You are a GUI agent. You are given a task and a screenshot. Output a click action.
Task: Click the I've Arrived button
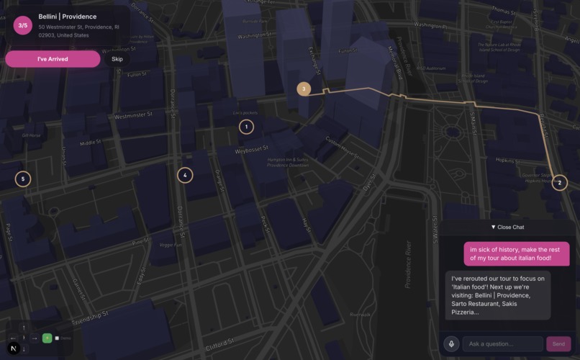pyautogui.click(x=53, y=59)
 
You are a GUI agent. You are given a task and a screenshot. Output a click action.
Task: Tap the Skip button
pyautogui.click(x=117, y=59)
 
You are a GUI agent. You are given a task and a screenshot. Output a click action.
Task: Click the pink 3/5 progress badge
pyautogui.click(x=23, y=26)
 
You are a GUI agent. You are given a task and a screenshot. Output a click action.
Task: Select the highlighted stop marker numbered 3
pyautogui.click(x=304, y=89)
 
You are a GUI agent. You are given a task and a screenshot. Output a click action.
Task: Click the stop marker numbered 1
pyautogui.click(x=246, y=127)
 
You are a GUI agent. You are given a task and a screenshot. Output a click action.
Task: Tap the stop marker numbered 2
pyautogui.click(x=559, y=183)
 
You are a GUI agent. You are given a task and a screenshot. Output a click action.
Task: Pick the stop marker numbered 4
pyautogui.click(x=185, y=175)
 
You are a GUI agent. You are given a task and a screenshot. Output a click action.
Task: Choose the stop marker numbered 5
pyautogui.click(x=23, y=179)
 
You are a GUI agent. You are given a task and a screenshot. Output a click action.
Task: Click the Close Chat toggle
pyautogui.click(x=507, y=227)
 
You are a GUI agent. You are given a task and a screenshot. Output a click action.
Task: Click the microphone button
pyautogui.click(x=452, y=344)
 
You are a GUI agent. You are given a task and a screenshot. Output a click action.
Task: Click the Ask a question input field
pyautogui.click(x=502, y=344)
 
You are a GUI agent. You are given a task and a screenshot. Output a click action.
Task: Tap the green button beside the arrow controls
pyautogui.click(x=47, y=338)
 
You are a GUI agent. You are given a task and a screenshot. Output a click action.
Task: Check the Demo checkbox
pyautogui.click(x=58, y=338)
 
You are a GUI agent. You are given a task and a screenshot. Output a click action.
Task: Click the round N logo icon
pyautogui.click(x=12, y=348)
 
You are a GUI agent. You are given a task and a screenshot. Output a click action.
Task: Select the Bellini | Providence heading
pyautogui.click(x=67, y=17)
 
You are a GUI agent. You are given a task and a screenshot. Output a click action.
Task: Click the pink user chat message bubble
pyautogui.click(x=516, y=253)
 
